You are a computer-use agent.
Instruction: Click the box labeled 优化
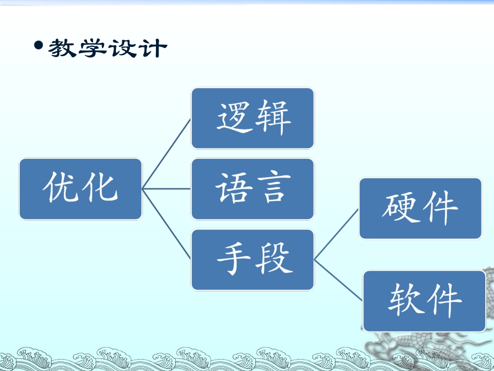coord(81,188)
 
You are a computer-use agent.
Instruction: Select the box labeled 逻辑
coord(252,118)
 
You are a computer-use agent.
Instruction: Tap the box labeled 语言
coord(252,188)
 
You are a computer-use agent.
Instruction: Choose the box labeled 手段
coord(252,259)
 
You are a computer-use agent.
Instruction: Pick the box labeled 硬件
coord(420,208)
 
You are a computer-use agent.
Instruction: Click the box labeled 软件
coord(424,301)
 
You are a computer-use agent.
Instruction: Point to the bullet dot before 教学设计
coord(38,46)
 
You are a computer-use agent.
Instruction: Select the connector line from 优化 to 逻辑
coord(166,153)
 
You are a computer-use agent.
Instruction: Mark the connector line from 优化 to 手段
coord(166,224)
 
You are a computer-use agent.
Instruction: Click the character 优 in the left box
coord(61,188)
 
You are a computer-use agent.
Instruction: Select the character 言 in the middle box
coord(271,188)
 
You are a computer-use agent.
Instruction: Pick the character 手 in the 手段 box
coord(233,259)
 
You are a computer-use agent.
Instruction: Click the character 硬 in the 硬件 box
coord(400,208)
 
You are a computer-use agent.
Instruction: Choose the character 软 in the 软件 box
coord(405,301)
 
